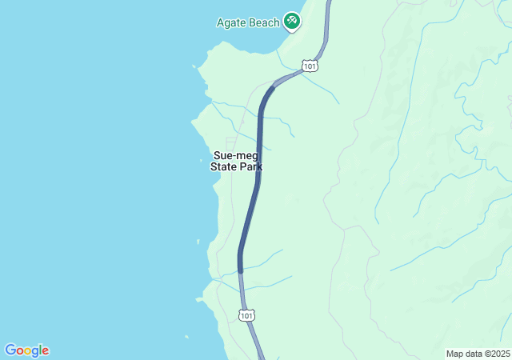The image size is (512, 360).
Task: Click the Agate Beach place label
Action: click(x=247, y=22)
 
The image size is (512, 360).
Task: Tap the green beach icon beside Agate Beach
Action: click(x=292, y=21)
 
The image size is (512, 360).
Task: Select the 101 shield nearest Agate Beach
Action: click(x=310, y=65)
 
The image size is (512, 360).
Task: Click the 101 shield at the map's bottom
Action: click(x=247, y=316)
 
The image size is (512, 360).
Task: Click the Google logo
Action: click(x=26, y=350)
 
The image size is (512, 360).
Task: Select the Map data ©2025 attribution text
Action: click(x=477, y=354)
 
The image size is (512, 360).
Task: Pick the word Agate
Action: click(x=231, y=22)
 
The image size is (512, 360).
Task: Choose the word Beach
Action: click(x=263, y=22)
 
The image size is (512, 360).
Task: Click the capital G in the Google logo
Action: click(x=10, y=350)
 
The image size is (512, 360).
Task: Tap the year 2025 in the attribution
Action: click(x=498, y=354)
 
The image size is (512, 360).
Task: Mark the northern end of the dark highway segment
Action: click(x=273, y=86)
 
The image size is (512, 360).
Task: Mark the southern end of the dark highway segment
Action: click(x=240, y=271)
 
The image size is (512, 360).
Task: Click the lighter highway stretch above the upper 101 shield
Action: click(x=326, y=32)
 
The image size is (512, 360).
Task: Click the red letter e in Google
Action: click(x=46, y=350)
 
